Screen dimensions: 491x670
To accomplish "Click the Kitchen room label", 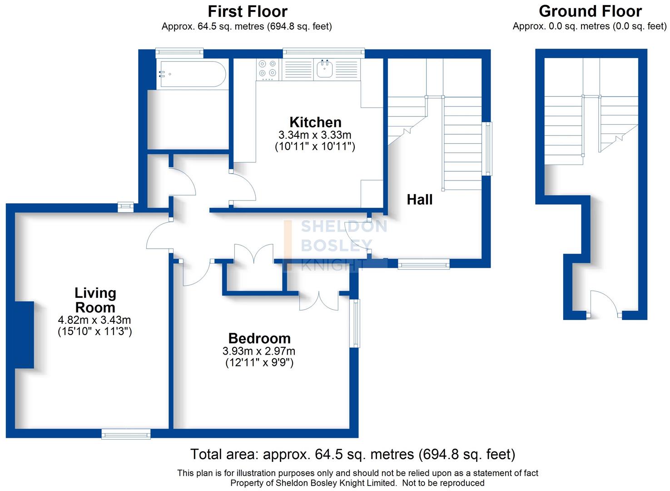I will coord(315,122).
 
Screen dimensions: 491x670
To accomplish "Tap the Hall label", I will coord(419,200).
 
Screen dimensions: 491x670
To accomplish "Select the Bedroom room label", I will coord(259,338).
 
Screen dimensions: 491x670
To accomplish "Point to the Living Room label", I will coord(95,300).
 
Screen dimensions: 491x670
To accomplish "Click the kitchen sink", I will coord(325,69).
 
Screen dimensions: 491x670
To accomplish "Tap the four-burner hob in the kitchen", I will coord(267,69).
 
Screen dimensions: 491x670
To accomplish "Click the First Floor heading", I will coord(248,11).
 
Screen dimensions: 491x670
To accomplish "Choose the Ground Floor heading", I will coord(590,11).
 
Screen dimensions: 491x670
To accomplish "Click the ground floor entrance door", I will coord(604,304).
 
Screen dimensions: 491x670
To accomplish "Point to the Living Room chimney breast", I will coord(25,335).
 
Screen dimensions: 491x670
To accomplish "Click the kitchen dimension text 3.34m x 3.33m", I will coord(315,135).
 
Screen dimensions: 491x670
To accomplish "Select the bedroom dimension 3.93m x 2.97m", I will coord(259,351).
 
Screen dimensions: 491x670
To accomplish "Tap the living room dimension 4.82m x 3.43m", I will coord(94,320).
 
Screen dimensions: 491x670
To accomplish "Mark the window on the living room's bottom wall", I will coord(126,434).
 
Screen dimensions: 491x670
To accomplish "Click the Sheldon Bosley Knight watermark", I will coord(336,245).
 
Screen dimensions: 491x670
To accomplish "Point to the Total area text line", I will coord(352,454).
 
